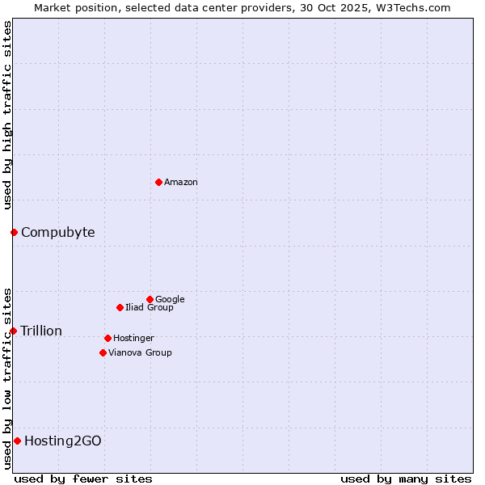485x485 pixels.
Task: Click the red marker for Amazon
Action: (158, 182)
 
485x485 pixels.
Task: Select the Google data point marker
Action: (150, 299)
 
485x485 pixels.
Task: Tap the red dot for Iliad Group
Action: (120, 307)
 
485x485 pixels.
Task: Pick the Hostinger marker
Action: (108, 338)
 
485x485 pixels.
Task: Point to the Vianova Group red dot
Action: (103, 352)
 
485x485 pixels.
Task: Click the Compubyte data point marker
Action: (14, 233)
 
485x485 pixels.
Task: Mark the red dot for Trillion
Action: (13, 331)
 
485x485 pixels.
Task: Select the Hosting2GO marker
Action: (17, 441)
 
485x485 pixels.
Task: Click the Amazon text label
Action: (181, 183)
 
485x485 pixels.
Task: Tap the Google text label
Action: (170, 300)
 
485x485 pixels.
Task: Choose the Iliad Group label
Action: (150, 308)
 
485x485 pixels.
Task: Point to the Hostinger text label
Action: (133, 339)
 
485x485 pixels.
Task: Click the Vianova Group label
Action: (140, 353)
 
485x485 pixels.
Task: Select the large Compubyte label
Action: (57, 233)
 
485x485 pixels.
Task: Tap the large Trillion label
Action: (41, 331)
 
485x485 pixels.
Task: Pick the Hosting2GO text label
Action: (63, 441)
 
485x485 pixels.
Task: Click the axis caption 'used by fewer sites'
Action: (83, 479)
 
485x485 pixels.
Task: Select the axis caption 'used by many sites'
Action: (406, 479)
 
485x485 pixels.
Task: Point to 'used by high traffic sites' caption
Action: (8, 115)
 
